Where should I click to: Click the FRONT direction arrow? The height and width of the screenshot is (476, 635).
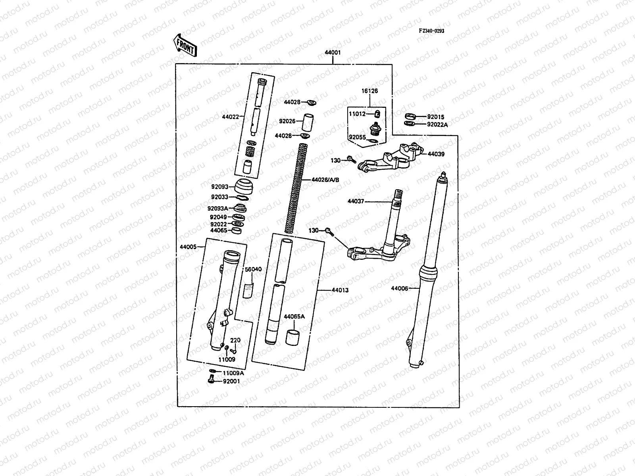click(x=185, y=44)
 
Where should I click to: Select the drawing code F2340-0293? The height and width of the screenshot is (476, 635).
click(x=431, y=31)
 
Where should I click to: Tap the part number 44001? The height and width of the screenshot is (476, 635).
click(x=333, y=52)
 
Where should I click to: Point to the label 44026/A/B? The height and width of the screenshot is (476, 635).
click(x=325, y=180)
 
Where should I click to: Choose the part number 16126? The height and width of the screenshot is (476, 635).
click(x=369, y=91)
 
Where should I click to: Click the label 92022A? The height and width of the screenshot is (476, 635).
click(x=437, y=124)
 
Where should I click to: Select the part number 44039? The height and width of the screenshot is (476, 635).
click(x=436, y=154)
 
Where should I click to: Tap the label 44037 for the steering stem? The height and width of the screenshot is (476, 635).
click(x=356, y=202)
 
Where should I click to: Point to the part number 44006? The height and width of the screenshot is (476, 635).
click(x=399, y=288)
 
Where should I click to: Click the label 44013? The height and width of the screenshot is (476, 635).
click(x=340, y=290)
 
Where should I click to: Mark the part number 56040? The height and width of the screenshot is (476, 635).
click(x=253, y=269)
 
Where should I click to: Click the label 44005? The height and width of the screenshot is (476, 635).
click(x=188, y=247)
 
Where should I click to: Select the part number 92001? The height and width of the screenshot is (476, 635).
click(x=231, y=381)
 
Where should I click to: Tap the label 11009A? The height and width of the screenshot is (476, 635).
click(x=233, y=373)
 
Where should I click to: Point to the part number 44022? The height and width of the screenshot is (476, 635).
click(x=231, y=117)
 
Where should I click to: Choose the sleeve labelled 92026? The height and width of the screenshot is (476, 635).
click(x=307, y=123)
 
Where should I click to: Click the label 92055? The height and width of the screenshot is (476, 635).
click(x=357, y=138)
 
